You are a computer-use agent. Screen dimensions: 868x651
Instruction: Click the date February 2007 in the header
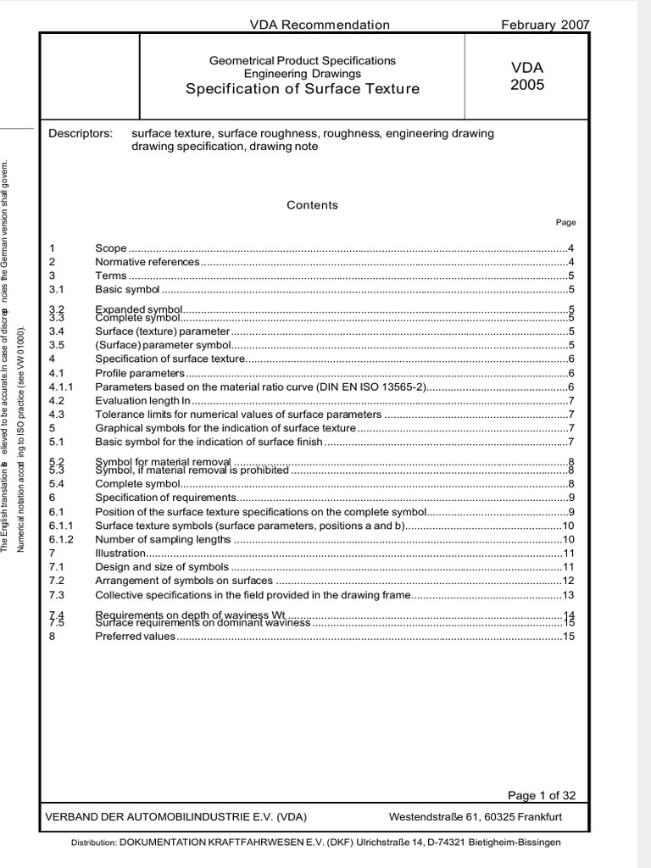tap(546, 25)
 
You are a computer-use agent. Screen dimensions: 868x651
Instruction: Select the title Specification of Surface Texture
tap(303, 89)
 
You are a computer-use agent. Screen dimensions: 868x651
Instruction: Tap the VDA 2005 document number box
tap(527, 76)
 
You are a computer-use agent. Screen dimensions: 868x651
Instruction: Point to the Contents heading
tap(312, 205)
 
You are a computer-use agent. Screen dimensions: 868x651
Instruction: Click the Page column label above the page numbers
tap(565, 223)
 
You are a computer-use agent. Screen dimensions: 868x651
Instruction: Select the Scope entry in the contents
tap(111, 248)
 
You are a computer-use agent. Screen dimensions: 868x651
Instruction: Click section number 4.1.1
tap(62, 387)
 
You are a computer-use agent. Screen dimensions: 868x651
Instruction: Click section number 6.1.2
tap(62, 539)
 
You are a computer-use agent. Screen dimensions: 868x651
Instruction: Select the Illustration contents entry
tap(120, 553)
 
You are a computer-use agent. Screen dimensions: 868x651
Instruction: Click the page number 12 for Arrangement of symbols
tap(569, 581)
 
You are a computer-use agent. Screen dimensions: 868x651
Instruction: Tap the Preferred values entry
tap(135, 637)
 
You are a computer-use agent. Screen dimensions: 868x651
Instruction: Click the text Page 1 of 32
tap(541, 795)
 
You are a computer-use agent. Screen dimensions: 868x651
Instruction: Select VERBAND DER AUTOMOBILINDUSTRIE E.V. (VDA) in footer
tap(179, 817)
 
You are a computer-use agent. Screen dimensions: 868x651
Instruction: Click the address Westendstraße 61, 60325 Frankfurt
tap(475, 817)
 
